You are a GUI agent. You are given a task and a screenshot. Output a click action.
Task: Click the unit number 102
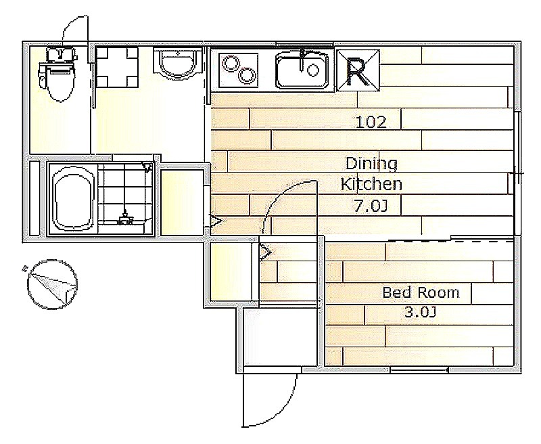coord(371,122)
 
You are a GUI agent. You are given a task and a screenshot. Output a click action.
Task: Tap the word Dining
coord(371,164)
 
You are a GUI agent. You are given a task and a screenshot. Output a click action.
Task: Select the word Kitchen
coord(371,184)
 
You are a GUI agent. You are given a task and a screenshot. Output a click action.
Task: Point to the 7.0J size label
coord(370,206)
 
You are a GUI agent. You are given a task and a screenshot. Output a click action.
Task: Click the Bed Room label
coord(421,293)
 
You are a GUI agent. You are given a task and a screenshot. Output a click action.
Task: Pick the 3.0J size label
coord(421,313)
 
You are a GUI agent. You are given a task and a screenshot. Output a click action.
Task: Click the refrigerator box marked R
coord(358,70)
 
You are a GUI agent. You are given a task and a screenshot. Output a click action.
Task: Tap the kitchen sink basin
coord(302,70)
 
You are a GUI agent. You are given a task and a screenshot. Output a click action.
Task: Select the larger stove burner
coord(247,74)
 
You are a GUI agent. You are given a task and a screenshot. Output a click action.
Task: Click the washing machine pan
coord(116,67)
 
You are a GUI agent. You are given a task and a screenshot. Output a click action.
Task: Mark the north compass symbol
coord(52,284)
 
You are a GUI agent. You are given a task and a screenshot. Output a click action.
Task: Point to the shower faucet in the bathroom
coord(124,218)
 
